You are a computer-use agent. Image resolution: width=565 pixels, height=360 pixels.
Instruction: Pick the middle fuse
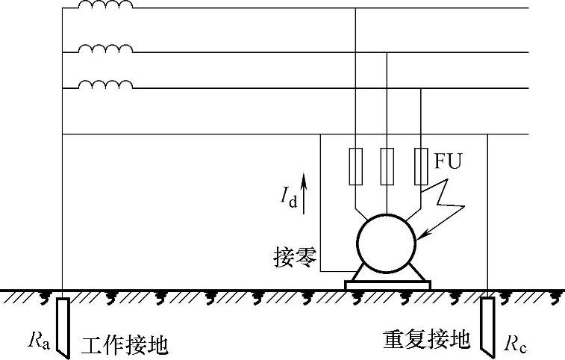coord(387,166)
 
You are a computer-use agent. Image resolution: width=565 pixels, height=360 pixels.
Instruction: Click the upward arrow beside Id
coord(303,190)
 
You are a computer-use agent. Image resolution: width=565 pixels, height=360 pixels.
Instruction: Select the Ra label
coord(39,341)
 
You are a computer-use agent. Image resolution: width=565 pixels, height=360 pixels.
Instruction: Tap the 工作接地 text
coord(125,345)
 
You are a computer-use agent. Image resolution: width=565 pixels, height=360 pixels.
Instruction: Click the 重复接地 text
coord(426,341)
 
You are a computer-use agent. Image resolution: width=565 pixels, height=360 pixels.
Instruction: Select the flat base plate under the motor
coord(387,285)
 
